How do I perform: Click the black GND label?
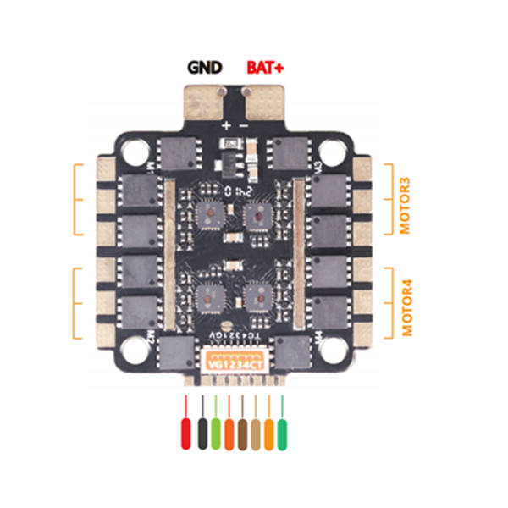[x=204, y=66]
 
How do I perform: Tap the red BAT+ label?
[x=266, y=66]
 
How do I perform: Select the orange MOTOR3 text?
[x=404, y=205]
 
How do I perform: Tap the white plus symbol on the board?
[x=226, y=125]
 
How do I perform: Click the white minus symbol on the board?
[x=244, y=125]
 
